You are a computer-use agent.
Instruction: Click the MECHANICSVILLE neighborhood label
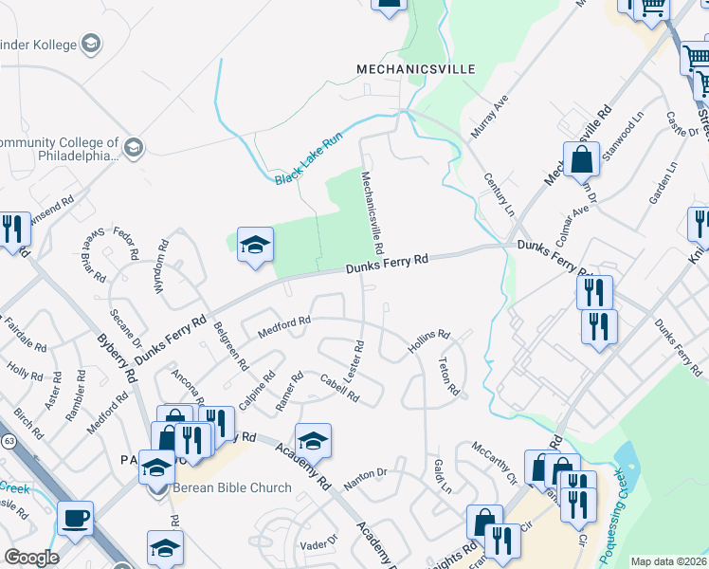point(413,69)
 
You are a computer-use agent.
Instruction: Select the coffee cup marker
point(75,518)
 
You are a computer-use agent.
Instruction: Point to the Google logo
point(30,558)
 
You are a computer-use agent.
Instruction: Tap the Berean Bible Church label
point(231,488)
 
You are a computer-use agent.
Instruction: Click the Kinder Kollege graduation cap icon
point(91,44)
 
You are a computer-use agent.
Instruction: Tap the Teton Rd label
point(448,376)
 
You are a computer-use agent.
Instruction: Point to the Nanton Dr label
point(366,478)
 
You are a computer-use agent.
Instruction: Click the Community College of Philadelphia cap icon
point(133,147)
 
